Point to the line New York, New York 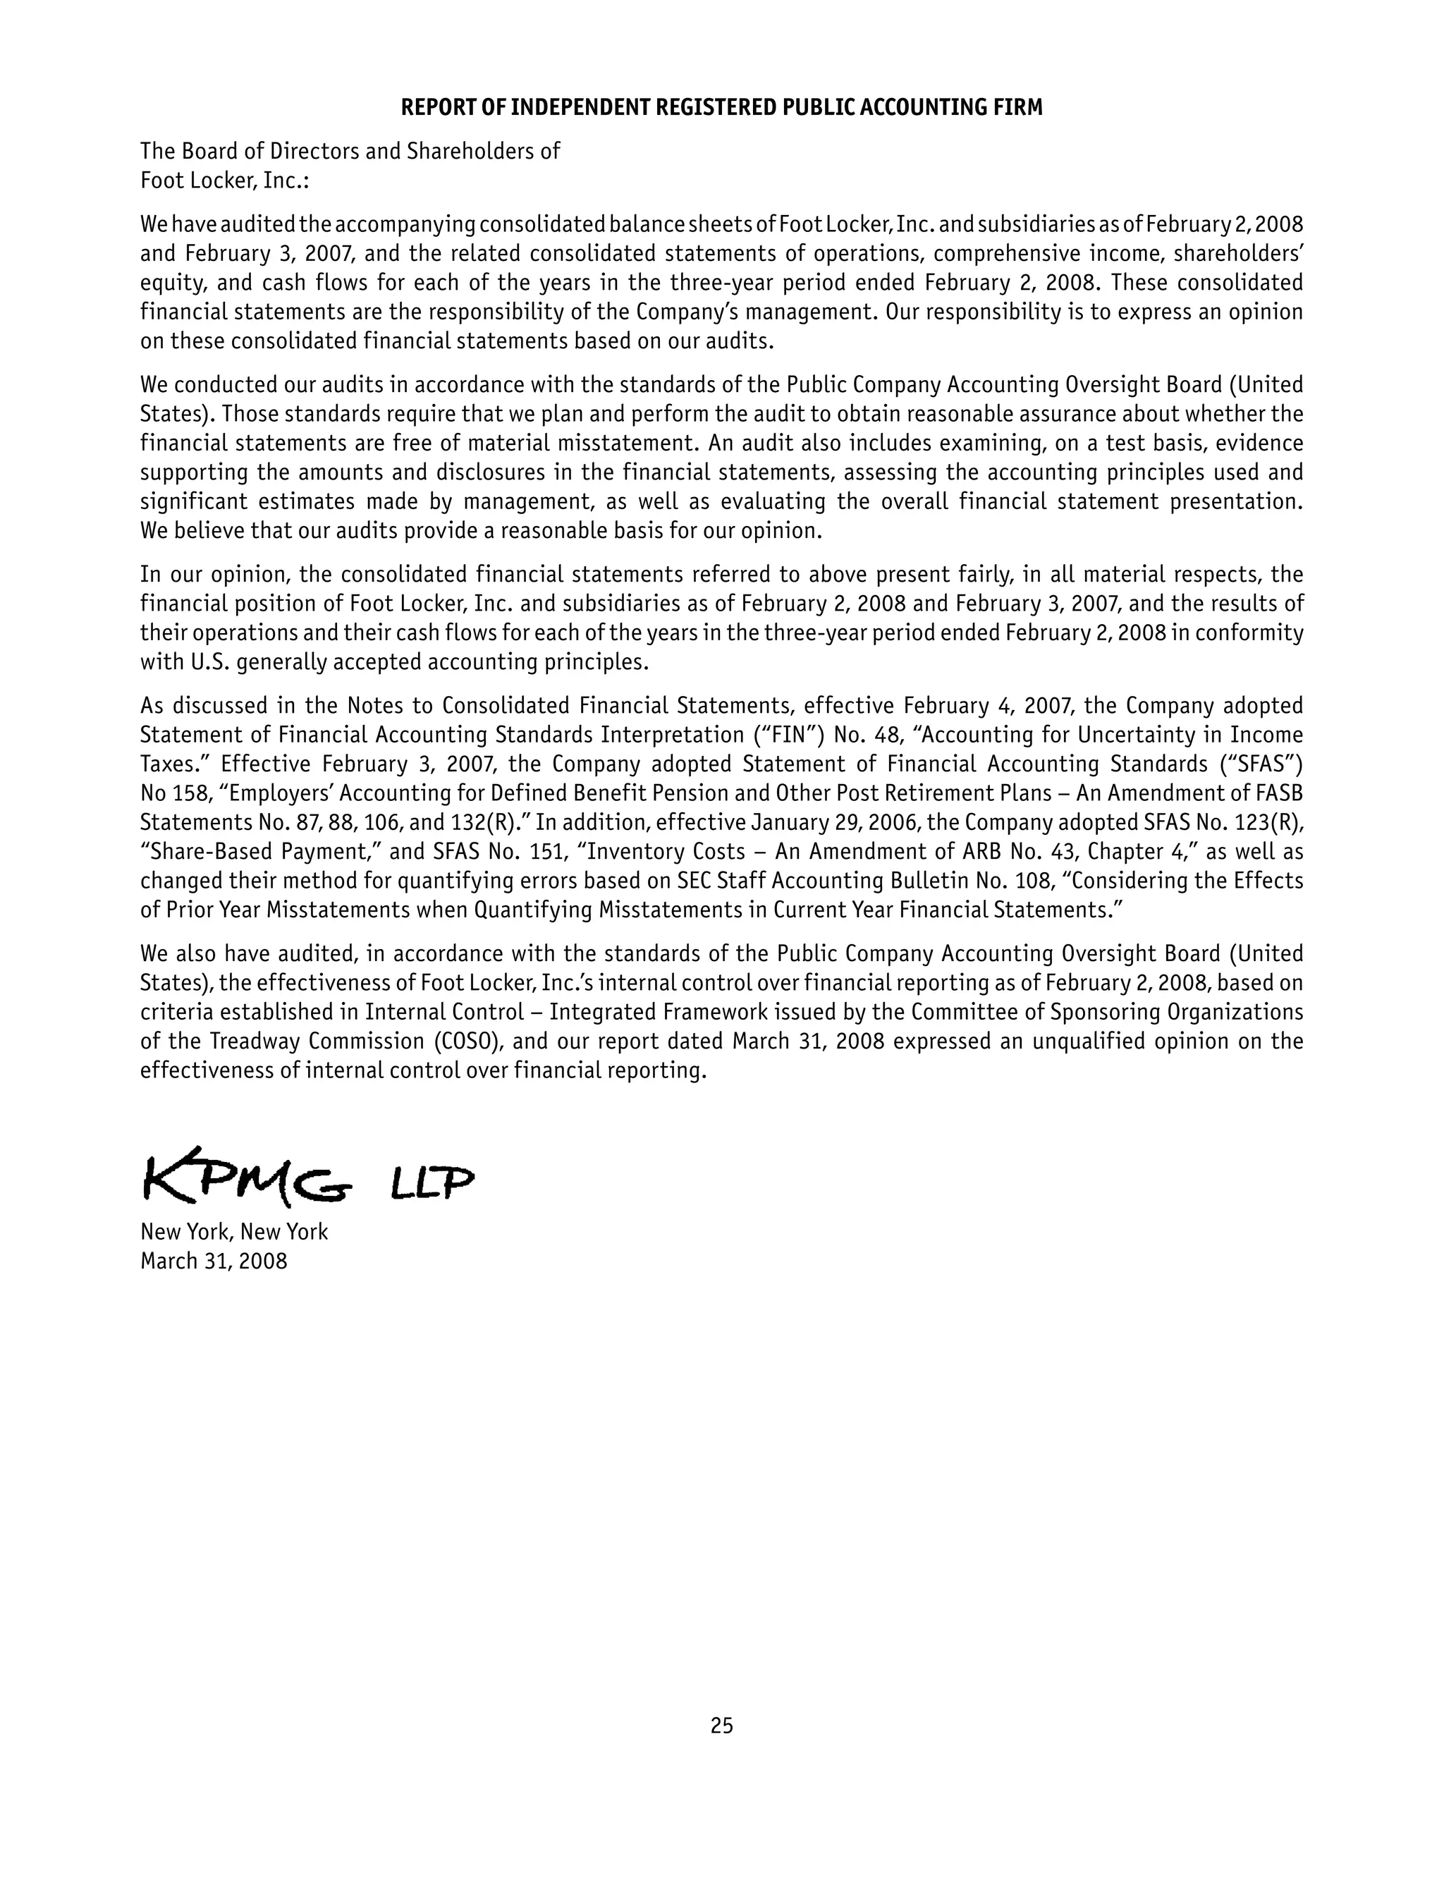(x=234, y=1233)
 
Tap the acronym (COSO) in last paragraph (x=460, y=1041)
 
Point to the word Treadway (x=255, y=1041)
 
